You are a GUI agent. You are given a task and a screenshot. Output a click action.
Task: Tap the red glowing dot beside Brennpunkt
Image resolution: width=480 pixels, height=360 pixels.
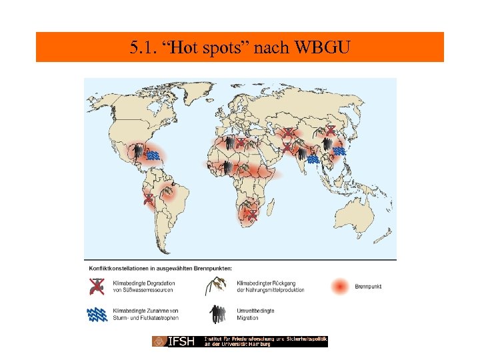pos(341,287)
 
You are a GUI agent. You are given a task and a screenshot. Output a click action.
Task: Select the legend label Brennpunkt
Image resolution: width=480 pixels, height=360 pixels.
pos(367,287)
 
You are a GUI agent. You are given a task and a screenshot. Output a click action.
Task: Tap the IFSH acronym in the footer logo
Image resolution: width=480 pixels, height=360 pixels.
pos(181,341)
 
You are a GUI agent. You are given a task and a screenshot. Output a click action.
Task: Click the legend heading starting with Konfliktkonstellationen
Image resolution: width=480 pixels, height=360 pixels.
pos(161,268)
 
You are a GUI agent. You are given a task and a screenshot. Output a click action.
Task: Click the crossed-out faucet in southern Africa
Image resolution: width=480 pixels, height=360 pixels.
pos(252,215)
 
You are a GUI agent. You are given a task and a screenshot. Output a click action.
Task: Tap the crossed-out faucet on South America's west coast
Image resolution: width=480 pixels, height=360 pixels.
pos(148,199)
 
